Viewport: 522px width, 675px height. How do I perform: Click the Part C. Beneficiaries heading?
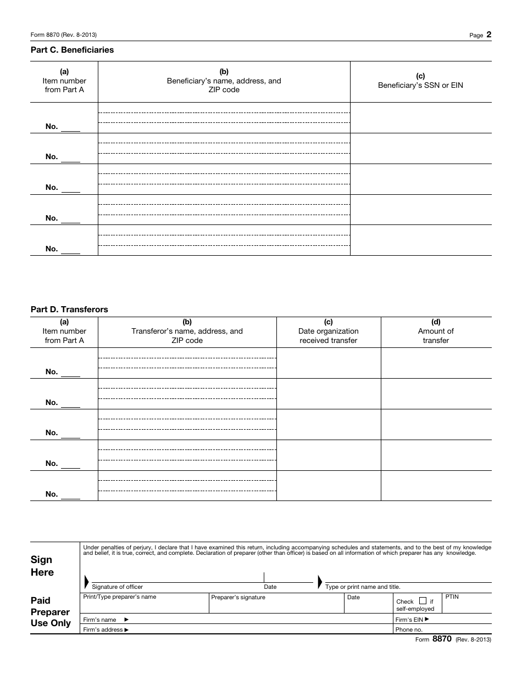[72, 50]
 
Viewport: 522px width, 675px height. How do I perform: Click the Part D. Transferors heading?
[69, 310]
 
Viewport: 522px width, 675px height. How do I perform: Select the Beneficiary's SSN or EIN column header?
[420, 81]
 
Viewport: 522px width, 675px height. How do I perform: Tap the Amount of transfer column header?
[436, 331]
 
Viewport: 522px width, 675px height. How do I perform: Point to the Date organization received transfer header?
[328, 331]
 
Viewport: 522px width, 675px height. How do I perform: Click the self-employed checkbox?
[423, 601]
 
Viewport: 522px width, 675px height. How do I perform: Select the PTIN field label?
[451, 597]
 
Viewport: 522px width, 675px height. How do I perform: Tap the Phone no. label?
[409, 630]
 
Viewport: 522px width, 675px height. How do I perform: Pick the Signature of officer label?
[117, 587]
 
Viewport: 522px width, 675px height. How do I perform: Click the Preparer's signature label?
[238, 597]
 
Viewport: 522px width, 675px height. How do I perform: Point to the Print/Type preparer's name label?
[119, 597]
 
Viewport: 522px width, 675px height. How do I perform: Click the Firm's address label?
[105, 630]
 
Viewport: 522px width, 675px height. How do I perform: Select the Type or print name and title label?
[363, 587]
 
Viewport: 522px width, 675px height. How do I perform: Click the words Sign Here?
[42, 566]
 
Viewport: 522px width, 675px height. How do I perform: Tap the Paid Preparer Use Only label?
[51, 612]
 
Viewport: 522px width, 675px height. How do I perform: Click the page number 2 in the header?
[488, 35]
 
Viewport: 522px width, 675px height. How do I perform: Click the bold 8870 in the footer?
[442, 639]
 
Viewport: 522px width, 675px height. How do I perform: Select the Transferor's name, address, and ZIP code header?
[187, 331]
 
